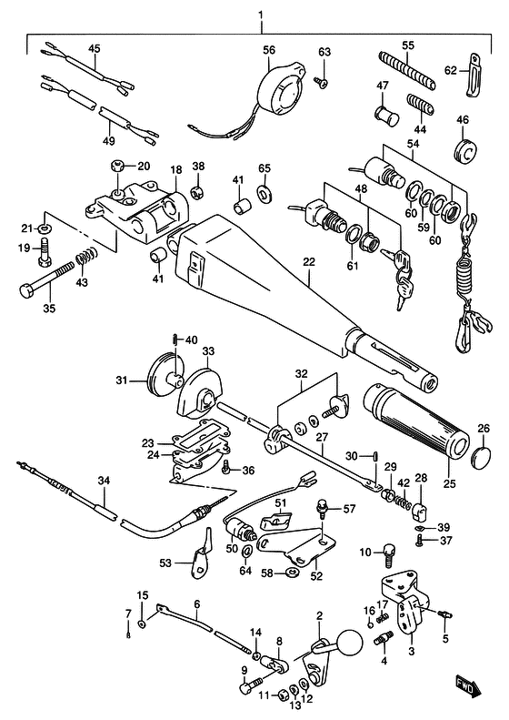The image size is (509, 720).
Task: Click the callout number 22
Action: tap(309, 262)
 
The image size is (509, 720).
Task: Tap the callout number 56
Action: tap(269, 49)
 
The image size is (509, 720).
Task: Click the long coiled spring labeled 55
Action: tap(406, 70)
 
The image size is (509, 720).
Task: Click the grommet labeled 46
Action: tap(465, 149)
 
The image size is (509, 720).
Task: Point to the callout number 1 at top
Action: tap(261, 15)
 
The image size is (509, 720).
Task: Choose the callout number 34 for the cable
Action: tap(105, 481)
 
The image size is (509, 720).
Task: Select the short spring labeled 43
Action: tap(86, 255)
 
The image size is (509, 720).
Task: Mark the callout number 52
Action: tap(316, 576)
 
